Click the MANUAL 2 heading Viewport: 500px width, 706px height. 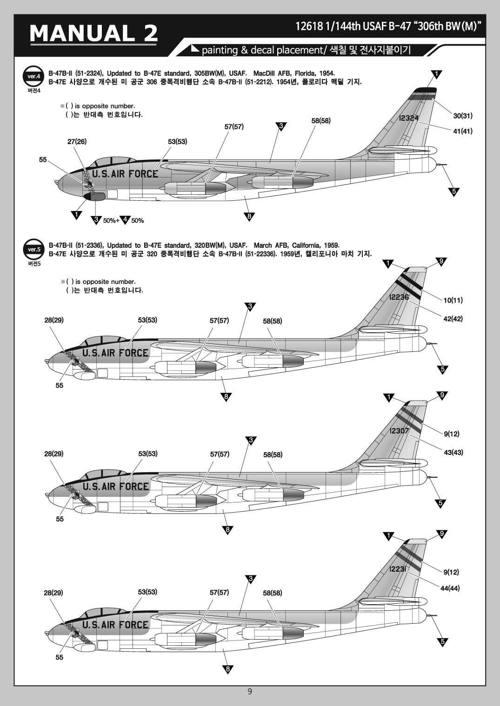pyautogui.click(x=93, y=33)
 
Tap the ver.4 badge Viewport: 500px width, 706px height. pyautogui.click(x=34, y=76)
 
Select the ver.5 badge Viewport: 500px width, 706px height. pyautogui.click(x=34, y=249)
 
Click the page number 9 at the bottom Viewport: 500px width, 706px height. pyautogui.click(x=250, y=692)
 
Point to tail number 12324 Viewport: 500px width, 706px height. pyautogui.click(x=408, y=118)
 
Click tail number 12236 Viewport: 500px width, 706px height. pyautogui.click(x=399, y=297)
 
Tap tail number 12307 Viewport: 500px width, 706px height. pyautogui.click(x=399, y=431)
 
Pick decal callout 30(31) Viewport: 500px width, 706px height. pyautogui.click(x=463, y=116)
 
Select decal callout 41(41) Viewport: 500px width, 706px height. pyautogui.click(x=463, y=131)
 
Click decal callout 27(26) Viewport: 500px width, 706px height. pyautogui.click(x=77, y=141)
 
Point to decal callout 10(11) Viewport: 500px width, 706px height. pyautogui.click(x=453, y=300)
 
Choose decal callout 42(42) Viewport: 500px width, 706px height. pyautogui.click(x=453, y=319)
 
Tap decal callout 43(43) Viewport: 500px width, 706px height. pyautogui.click(x=453, y=452)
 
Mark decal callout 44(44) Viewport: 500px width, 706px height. pyautogui.click(x=450, y=588)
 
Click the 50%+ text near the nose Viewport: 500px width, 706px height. pyautogui.click(x=111, y=220)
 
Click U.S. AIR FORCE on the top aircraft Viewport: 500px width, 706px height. pyautogui.click(x=125, y=174)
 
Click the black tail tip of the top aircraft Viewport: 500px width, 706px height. pyautogui.click(x=424, y=90)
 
